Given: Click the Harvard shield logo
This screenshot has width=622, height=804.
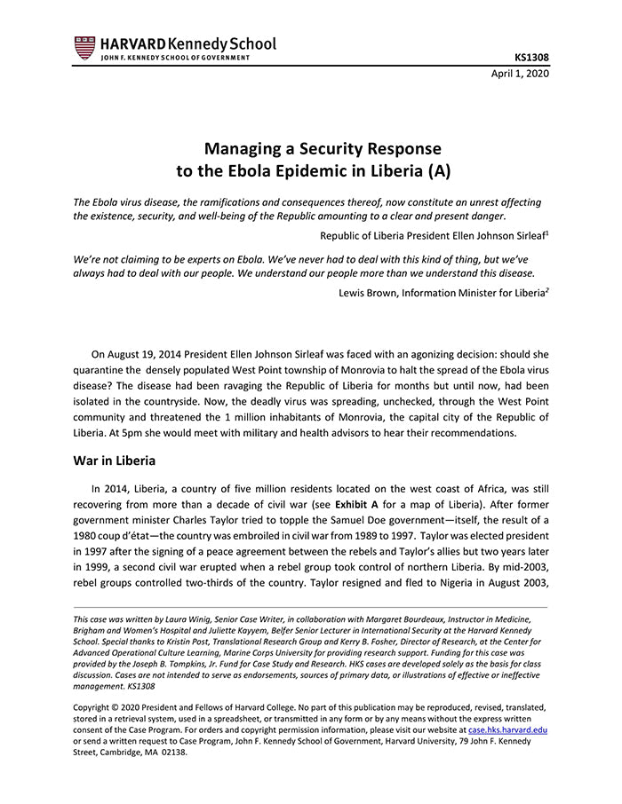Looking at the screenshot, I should [x=84, y=48].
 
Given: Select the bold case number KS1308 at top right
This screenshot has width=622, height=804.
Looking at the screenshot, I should [x=530, y=58].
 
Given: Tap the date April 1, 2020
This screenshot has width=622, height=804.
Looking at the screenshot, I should [x=520, y=74].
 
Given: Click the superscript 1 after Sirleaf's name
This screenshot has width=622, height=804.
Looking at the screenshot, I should [x=546, y=232].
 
